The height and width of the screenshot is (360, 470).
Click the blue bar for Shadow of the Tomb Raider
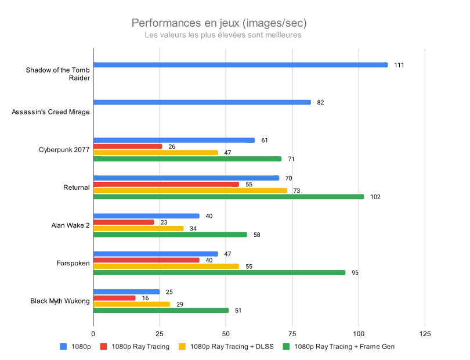point(240,64)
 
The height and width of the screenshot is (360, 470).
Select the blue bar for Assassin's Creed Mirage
point(202,102)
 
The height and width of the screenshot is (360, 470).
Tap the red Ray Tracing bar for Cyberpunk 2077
point(128,146)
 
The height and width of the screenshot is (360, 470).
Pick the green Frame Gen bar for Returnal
point(229,197)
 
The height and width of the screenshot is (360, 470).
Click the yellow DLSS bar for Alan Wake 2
point(138,228)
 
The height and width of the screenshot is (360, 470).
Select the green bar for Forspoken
point(219,272)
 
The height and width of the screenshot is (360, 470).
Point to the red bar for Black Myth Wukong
point(114,298)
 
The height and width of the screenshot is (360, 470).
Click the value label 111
point(399,65)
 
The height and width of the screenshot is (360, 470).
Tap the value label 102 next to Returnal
point(375,197)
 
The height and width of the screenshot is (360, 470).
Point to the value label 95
point(355,272)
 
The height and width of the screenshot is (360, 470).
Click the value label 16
point(146,298)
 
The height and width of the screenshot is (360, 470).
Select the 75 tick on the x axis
point(292,334)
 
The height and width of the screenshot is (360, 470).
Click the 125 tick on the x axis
point(425,334)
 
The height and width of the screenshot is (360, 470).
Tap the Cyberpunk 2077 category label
point(64,150)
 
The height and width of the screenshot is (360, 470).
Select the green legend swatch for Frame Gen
point(285,347)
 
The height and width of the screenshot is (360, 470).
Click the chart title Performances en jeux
point(219,23)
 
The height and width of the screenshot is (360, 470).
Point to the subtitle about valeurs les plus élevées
point(223,35)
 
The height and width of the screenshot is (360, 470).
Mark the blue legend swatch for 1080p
point(63,347)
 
